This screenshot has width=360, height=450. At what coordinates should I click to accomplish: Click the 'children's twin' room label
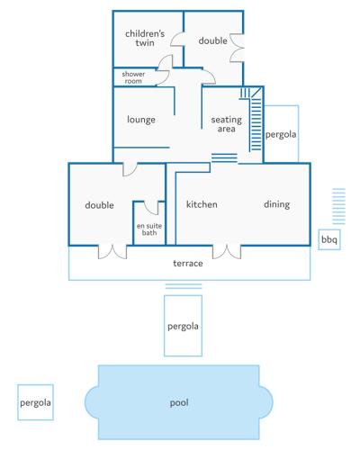(145, 38)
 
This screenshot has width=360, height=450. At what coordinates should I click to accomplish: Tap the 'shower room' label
(133, 77)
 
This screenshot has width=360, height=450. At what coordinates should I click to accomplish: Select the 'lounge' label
(141, 120)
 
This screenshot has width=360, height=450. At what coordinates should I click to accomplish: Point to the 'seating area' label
(227, 124)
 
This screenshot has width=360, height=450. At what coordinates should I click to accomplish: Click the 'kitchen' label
(202, 204)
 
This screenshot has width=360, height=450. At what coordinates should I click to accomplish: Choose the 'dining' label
(277, 204)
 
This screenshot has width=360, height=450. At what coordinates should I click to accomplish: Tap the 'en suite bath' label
(149, 229)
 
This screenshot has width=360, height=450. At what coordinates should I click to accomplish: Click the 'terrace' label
(188, 264)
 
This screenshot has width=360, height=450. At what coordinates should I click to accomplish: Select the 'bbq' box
(329, 239)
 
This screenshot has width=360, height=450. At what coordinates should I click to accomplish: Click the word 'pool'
(179, 402)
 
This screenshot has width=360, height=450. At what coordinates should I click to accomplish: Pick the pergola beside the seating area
(281, 134)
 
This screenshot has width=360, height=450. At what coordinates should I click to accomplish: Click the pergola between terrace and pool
(183, 326)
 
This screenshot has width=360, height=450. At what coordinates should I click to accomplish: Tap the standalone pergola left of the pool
(35, 402)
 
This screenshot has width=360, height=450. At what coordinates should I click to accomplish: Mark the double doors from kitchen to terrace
(227, 252)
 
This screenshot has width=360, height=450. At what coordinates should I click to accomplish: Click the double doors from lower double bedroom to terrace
(112, 252)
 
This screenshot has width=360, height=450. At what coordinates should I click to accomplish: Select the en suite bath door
(151, 208)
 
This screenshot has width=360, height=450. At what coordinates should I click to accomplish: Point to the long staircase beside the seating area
(256, 120)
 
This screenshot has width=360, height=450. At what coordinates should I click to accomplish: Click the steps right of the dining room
(338, 206)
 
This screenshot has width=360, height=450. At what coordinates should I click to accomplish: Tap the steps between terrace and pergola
(184, 286)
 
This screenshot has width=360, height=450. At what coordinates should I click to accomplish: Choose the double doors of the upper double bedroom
(237, 48)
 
